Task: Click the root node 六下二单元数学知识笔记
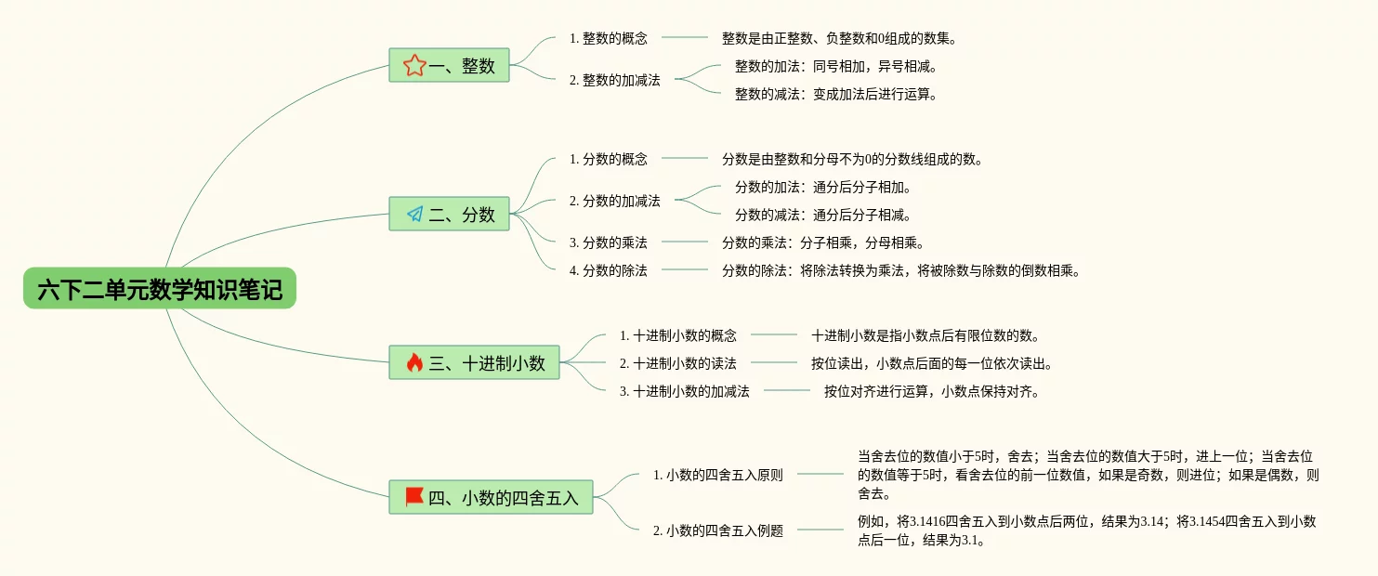tap(160, 288)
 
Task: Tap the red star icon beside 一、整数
tap(414, 65)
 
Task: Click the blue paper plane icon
tap(415, 214)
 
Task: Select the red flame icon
tap(414, 362)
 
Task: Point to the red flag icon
tap(414, 497)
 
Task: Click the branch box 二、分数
tap(449, 214)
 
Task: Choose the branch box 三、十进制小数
tap(474, 362)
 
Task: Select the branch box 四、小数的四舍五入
tap(491, 497)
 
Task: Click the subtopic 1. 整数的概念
tap(608, 38)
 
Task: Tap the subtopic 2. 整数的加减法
tap(614, 80)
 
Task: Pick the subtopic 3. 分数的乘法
tap(608, 242)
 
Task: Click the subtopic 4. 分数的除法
tap(608, 270)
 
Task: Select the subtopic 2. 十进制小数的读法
tap(678, 363)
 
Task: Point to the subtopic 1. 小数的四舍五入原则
tap(718, 475)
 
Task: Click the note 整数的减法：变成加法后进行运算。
tap(836, 94)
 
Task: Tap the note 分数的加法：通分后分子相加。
tap(823, 187)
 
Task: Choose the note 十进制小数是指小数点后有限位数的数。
tap(925, 335)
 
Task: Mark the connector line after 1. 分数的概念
tap(685, 158)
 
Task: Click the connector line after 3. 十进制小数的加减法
tap(787, 390)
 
